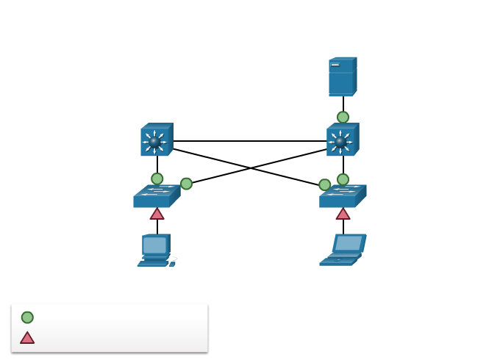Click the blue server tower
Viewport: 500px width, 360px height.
click(342, 77)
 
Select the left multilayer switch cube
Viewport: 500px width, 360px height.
click(156, 140)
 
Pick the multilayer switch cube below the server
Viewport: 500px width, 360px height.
click(342, 140)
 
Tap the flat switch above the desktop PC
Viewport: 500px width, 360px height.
click(156, 196)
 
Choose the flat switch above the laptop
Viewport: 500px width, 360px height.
click(342, 196)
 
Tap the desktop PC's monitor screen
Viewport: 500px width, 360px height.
click(154, 245)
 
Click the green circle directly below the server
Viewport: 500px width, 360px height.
click(343, 117)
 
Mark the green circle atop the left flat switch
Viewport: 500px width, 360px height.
click(157, 179)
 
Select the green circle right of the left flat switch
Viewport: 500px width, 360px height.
click(186, 184)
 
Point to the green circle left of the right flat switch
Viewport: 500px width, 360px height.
click(324, 184)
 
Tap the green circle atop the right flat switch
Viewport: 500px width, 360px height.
click(343, 179)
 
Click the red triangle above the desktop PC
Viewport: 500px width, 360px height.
click(157, 214)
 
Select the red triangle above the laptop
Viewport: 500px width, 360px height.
click(343, 214)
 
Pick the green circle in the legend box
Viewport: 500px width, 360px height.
click(27, 317)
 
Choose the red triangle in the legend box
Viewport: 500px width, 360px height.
click(27, 338)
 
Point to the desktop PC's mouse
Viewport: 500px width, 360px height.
click(172, 263)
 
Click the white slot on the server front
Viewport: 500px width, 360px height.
click(335, 65)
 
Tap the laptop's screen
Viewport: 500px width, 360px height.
click(348, 243)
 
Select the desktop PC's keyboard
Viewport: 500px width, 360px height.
click(152, 263)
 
